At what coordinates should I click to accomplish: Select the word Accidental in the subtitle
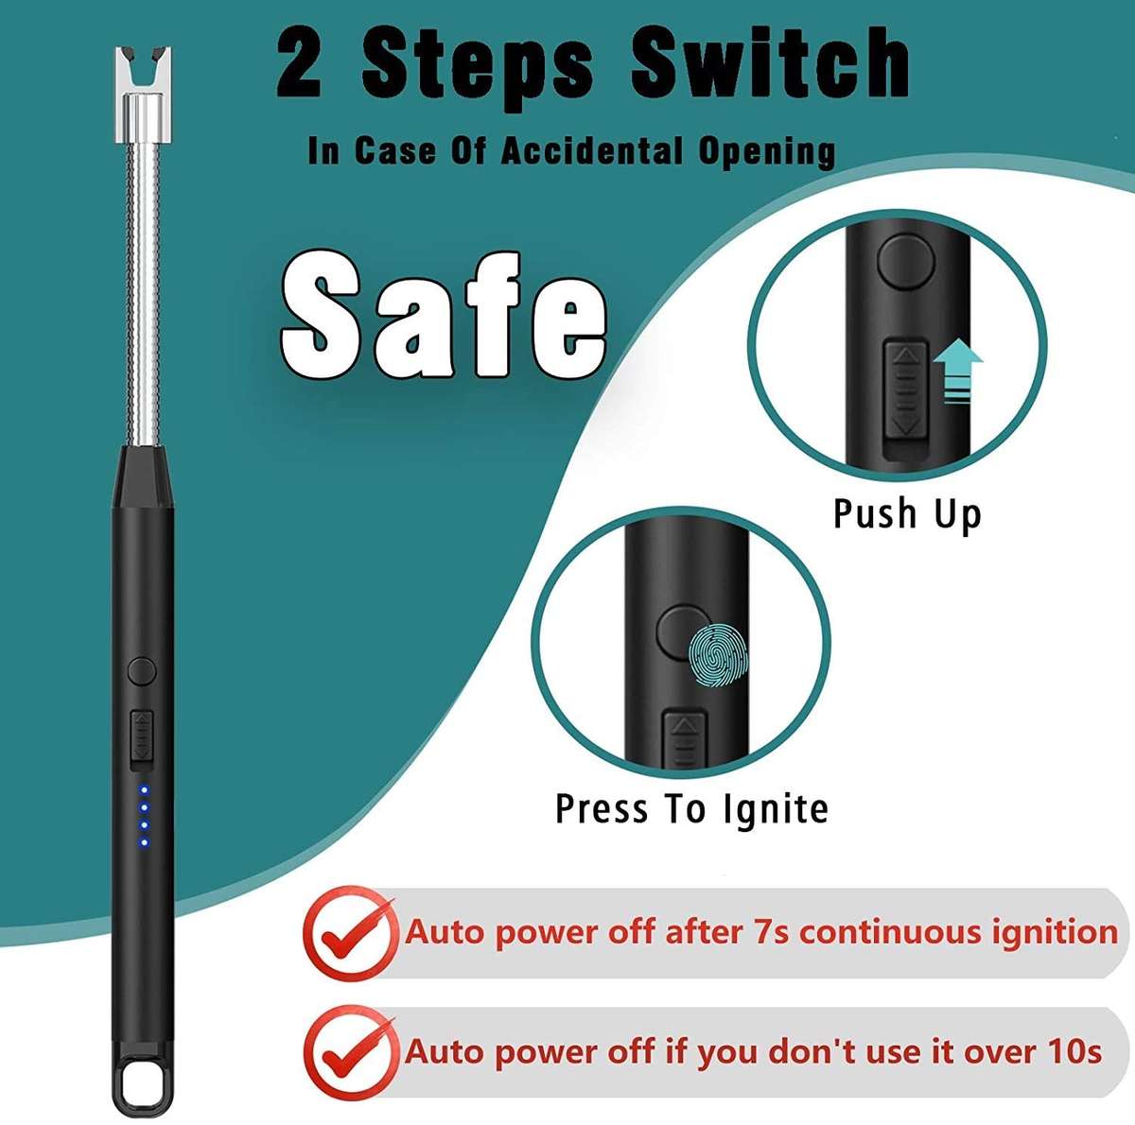pyautogui.click(x=591, y=151)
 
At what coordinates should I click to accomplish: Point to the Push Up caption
pyautogui.click(x=907, y=513)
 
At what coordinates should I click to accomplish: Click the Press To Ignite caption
pyautogui.click(x=691, y=809)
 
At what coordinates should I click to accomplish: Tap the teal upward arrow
pyautogui.click(x=958, y=372)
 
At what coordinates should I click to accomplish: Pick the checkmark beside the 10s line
pyautogui.click(x=349, y=1051)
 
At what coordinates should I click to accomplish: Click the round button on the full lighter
pyautogui.click(x=142, y=671)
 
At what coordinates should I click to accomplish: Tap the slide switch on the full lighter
pyautogui.click(x=142, y=736)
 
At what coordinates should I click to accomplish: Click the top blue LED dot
pyautogui.click(x=145, y=790)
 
